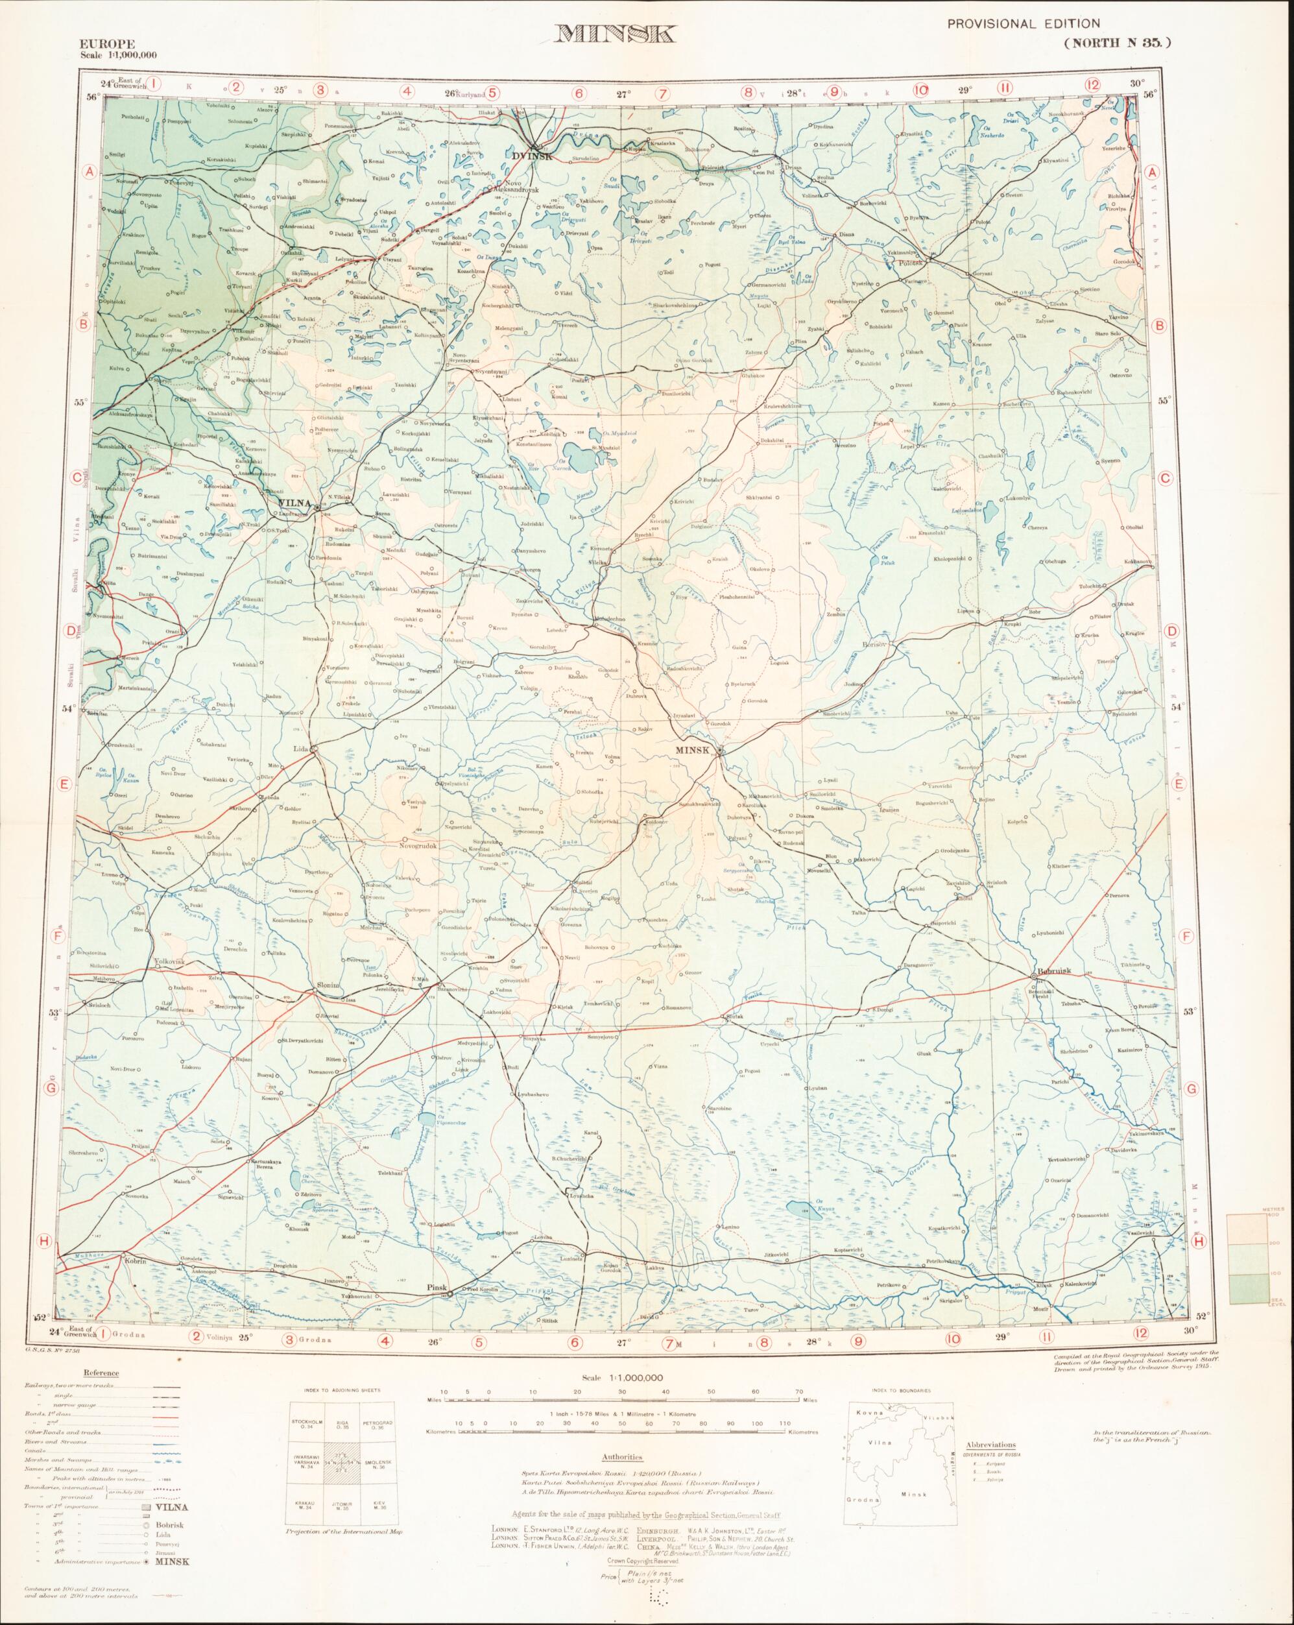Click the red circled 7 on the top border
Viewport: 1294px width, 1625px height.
click(x=662, y=94)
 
